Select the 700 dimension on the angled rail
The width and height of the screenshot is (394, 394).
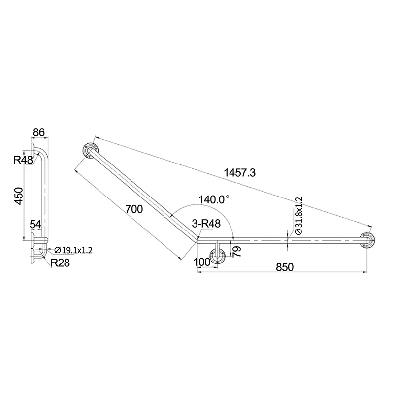click(x=134, y=209)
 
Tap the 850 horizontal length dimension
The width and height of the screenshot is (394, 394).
click(x=284, y=267)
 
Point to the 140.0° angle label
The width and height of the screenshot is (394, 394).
click(x=214, y=199)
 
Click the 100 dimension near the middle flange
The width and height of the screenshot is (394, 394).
click(x=202, y=262)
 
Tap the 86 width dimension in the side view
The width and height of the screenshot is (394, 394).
click(x=39, y=132)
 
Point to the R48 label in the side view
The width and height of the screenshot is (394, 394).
click(x=23, y=160)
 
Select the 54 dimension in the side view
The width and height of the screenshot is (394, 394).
click(x=35, y=224)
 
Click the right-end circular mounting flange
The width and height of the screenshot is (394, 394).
click(x=367, y=240)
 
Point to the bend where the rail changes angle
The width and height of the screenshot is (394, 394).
click(x=196, y=239)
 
